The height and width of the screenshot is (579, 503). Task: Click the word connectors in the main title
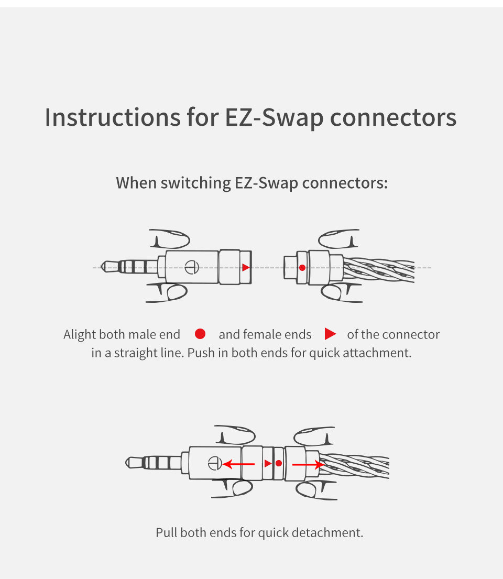pos(393,117)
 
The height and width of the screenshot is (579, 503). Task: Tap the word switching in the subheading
pos(195,183)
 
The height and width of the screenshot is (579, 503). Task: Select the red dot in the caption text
pos(200,334)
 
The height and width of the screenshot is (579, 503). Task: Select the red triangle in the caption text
pos(330,334)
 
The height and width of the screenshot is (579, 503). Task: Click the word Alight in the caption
pos(80,334)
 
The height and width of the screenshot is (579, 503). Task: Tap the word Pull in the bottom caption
pos(167,533)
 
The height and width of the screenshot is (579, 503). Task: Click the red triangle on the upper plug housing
pos(246,267)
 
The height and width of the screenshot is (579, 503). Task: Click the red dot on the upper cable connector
pos(302,268)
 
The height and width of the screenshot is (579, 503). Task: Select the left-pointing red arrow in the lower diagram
pos(238,464)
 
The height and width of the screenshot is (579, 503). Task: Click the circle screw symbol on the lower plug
pos(213,463)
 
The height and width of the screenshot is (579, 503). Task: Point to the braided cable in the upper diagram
pos(380,270)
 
